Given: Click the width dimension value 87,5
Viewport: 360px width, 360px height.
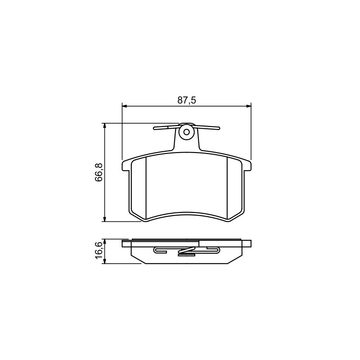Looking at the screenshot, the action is (187, 100).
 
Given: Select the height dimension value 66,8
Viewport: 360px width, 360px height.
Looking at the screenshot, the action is (99, 172).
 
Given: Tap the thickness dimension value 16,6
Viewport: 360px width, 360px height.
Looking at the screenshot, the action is (99, 251).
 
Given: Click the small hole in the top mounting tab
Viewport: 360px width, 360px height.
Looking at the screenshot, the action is (187, 132).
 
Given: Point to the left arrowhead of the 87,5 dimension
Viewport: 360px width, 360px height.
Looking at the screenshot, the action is (124, 106).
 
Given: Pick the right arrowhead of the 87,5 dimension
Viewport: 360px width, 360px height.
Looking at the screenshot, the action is (249, 106).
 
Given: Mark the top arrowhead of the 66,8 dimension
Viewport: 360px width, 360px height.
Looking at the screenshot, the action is (105, 126).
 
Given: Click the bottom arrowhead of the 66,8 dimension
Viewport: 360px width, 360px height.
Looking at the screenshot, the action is (105, 219).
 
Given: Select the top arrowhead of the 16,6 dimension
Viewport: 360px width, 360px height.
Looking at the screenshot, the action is (105, 242).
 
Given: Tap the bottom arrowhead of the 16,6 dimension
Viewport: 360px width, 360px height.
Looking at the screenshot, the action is (105, 261).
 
